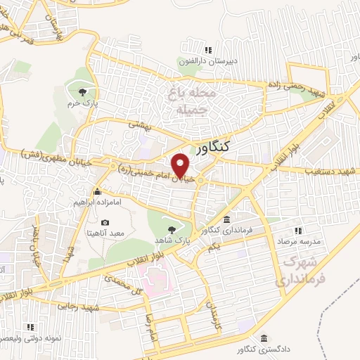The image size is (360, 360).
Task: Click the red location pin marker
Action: (181, 165)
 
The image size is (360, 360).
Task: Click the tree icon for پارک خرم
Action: (84, 92)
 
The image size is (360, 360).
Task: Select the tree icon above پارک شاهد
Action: (172, 229)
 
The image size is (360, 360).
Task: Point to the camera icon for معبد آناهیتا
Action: (105, 223)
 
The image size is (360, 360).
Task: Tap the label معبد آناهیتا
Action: (106, 233)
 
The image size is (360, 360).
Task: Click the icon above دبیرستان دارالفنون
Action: (207, 50)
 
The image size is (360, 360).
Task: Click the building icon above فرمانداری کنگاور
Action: (227, 220)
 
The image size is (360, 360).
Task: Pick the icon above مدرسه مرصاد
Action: (297, 230)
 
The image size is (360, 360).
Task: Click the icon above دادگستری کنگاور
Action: (264, 337)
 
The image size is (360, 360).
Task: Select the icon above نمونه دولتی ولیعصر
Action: (30, 327)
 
